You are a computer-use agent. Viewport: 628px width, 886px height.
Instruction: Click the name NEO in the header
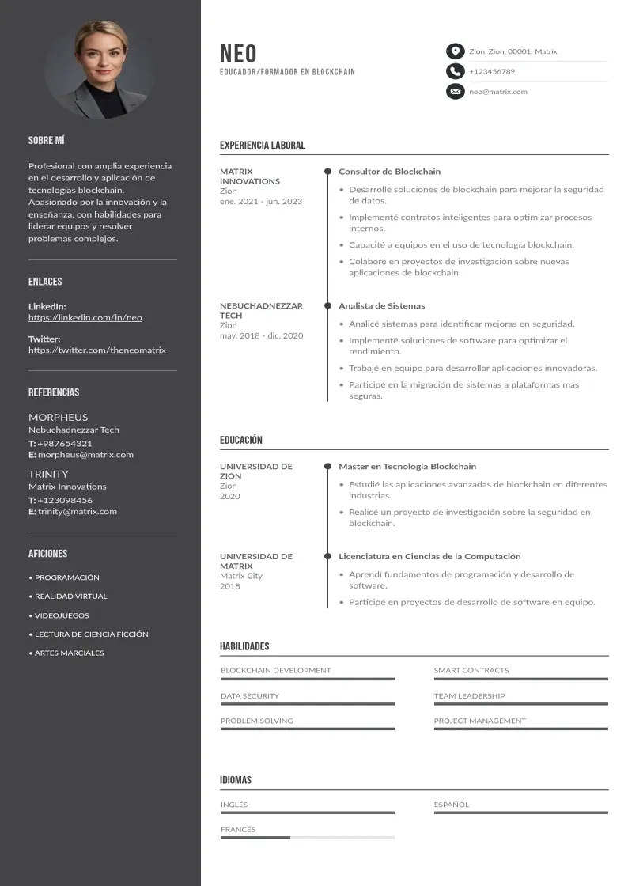coord(238,53)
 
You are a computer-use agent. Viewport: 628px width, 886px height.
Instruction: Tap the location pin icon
coord(455,51)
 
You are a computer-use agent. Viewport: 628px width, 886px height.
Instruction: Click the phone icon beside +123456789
coord(455,71)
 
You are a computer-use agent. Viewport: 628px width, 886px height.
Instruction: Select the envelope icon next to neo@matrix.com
coord(455,92)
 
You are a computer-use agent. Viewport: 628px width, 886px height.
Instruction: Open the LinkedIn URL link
coord(85,318)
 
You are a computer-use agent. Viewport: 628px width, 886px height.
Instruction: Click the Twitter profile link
coord(97,350)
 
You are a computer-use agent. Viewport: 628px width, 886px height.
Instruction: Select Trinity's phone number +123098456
coord(65,500)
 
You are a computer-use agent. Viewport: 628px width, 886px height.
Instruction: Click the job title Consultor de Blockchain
coord(389,172)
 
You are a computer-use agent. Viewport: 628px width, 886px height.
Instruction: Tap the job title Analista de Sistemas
coord(381,306)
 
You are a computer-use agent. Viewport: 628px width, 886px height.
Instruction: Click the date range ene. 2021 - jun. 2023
coord(261,202)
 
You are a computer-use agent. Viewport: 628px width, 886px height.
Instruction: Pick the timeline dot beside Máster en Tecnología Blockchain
coord(327,467)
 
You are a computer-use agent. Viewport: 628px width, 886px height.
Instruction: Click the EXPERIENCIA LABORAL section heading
coord(262,146)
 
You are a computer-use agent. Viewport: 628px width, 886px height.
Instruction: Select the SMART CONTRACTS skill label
coord(471,671)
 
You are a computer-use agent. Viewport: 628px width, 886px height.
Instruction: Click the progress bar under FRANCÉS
coord(307,837)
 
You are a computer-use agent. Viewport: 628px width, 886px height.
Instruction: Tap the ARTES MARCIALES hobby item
coord(69,653)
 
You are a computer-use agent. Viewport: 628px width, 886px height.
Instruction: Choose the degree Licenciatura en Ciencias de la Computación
coord(429,557)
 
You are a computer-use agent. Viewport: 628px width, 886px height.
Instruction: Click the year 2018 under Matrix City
coord(230,586)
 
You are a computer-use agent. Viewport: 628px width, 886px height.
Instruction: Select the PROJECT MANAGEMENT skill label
coord(479,721)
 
